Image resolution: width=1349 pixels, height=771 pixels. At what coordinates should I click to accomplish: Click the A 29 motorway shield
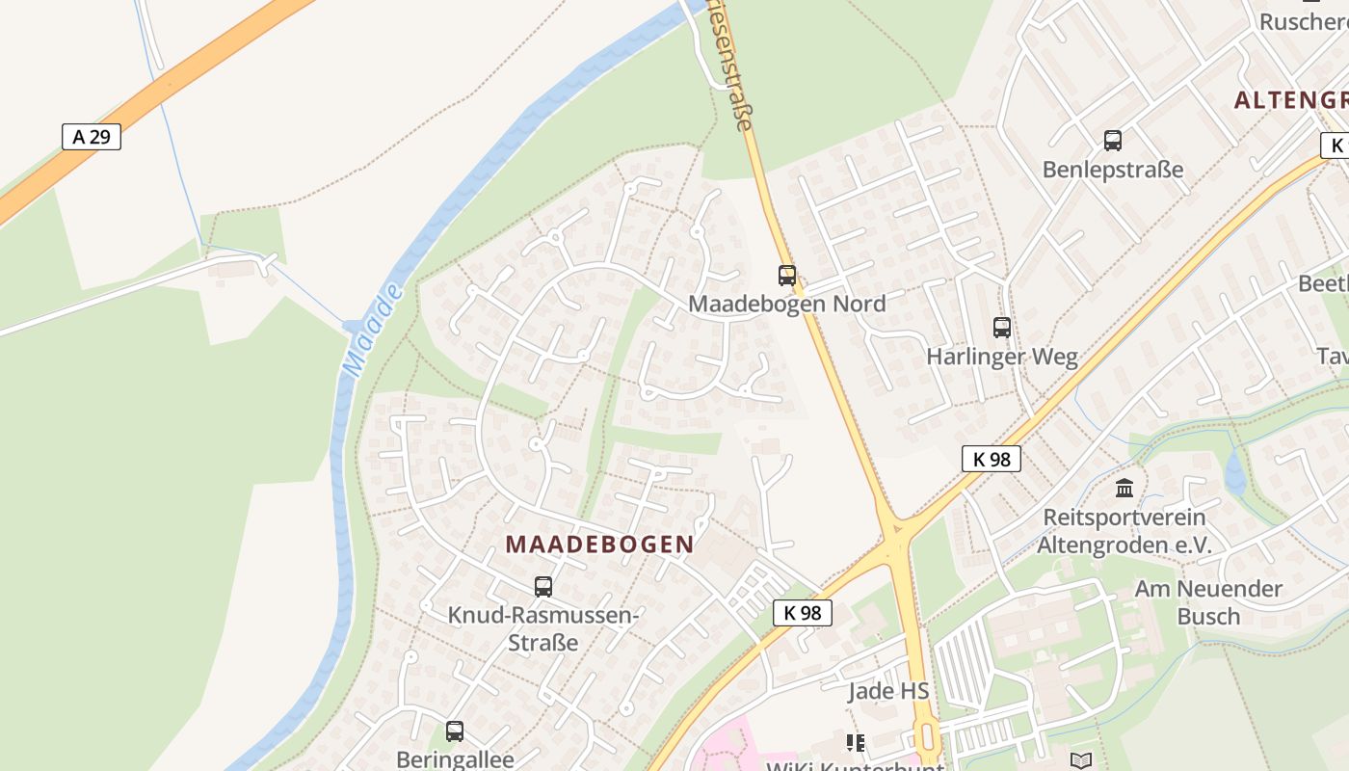[92, 137]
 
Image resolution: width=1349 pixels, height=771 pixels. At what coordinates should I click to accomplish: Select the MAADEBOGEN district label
[599, 544]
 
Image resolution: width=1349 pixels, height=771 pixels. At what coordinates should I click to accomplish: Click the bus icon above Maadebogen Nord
[787, 276]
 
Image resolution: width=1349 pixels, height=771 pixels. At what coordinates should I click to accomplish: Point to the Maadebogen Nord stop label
[786, 304]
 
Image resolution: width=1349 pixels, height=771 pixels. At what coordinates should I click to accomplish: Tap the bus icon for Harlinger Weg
[1002, 328]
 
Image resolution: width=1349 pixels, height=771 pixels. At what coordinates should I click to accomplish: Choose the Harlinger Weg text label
[1002, 357]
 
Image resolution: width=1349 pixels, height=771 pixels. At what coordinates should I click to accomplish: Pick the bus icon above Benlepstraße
[1113, 141]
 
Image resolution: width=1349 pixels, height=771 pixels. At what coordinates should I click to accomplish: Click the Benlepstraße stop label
[1113, 170]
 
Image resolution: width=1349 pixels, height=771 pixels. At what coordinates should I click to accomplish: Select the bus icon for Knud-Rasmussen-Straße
[543, 586]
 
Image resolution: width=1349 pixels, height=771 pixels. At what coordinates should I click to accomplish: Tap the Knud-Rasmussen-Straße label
[542, 628]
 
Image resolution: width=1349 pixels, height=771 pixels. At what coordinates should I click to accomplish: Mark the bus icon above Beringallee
[455, 731]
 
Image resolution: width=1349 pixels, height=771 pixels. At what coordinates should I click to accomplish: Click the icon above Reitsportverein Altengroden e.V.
[1124, 489]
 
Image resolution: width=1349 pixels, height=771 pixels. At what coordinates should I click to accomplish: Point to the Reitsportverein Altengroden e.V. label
[1124, 531]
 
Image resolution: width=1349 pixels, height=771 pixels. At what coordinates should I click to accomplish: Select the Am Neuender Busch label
[1208, 602]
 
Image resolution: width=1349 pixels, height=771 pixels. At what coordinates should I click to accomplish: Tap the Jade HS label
[888, 691]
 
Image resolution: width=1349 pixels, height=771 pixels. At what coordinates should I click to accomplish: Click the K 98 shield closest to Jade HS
[802, 613]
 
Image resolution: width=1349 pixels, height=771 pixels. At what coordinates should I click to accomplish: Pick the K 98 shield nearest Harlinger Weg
[991, 459]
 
